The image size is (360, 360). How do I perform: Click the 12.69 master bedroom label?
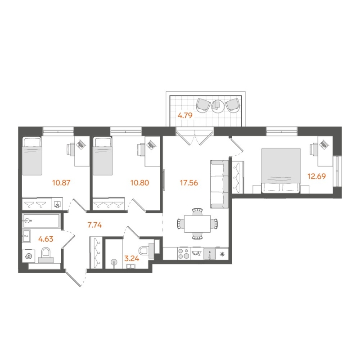pyautogui.click(x=318, y=176)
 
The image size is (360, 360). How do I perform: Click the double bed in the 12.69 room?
pyautogui.click(x=281, y=171)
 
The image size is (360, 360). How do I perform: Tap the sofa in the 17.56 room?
pyautogui.click(x=219, y=184)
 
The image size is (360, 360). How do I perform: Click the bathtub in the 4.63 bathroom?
pyautogui.click(x=41, y=221)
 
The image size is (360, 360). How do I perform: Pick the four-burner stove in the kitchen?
pyautogui.click(x=184, y=253)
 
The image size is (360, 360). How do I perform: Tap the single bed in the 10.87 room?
pyautogui.click(x=32, y=156)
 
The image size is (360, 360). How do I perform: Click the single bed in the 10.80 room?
pyautogui.click(x=102, y=156)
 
